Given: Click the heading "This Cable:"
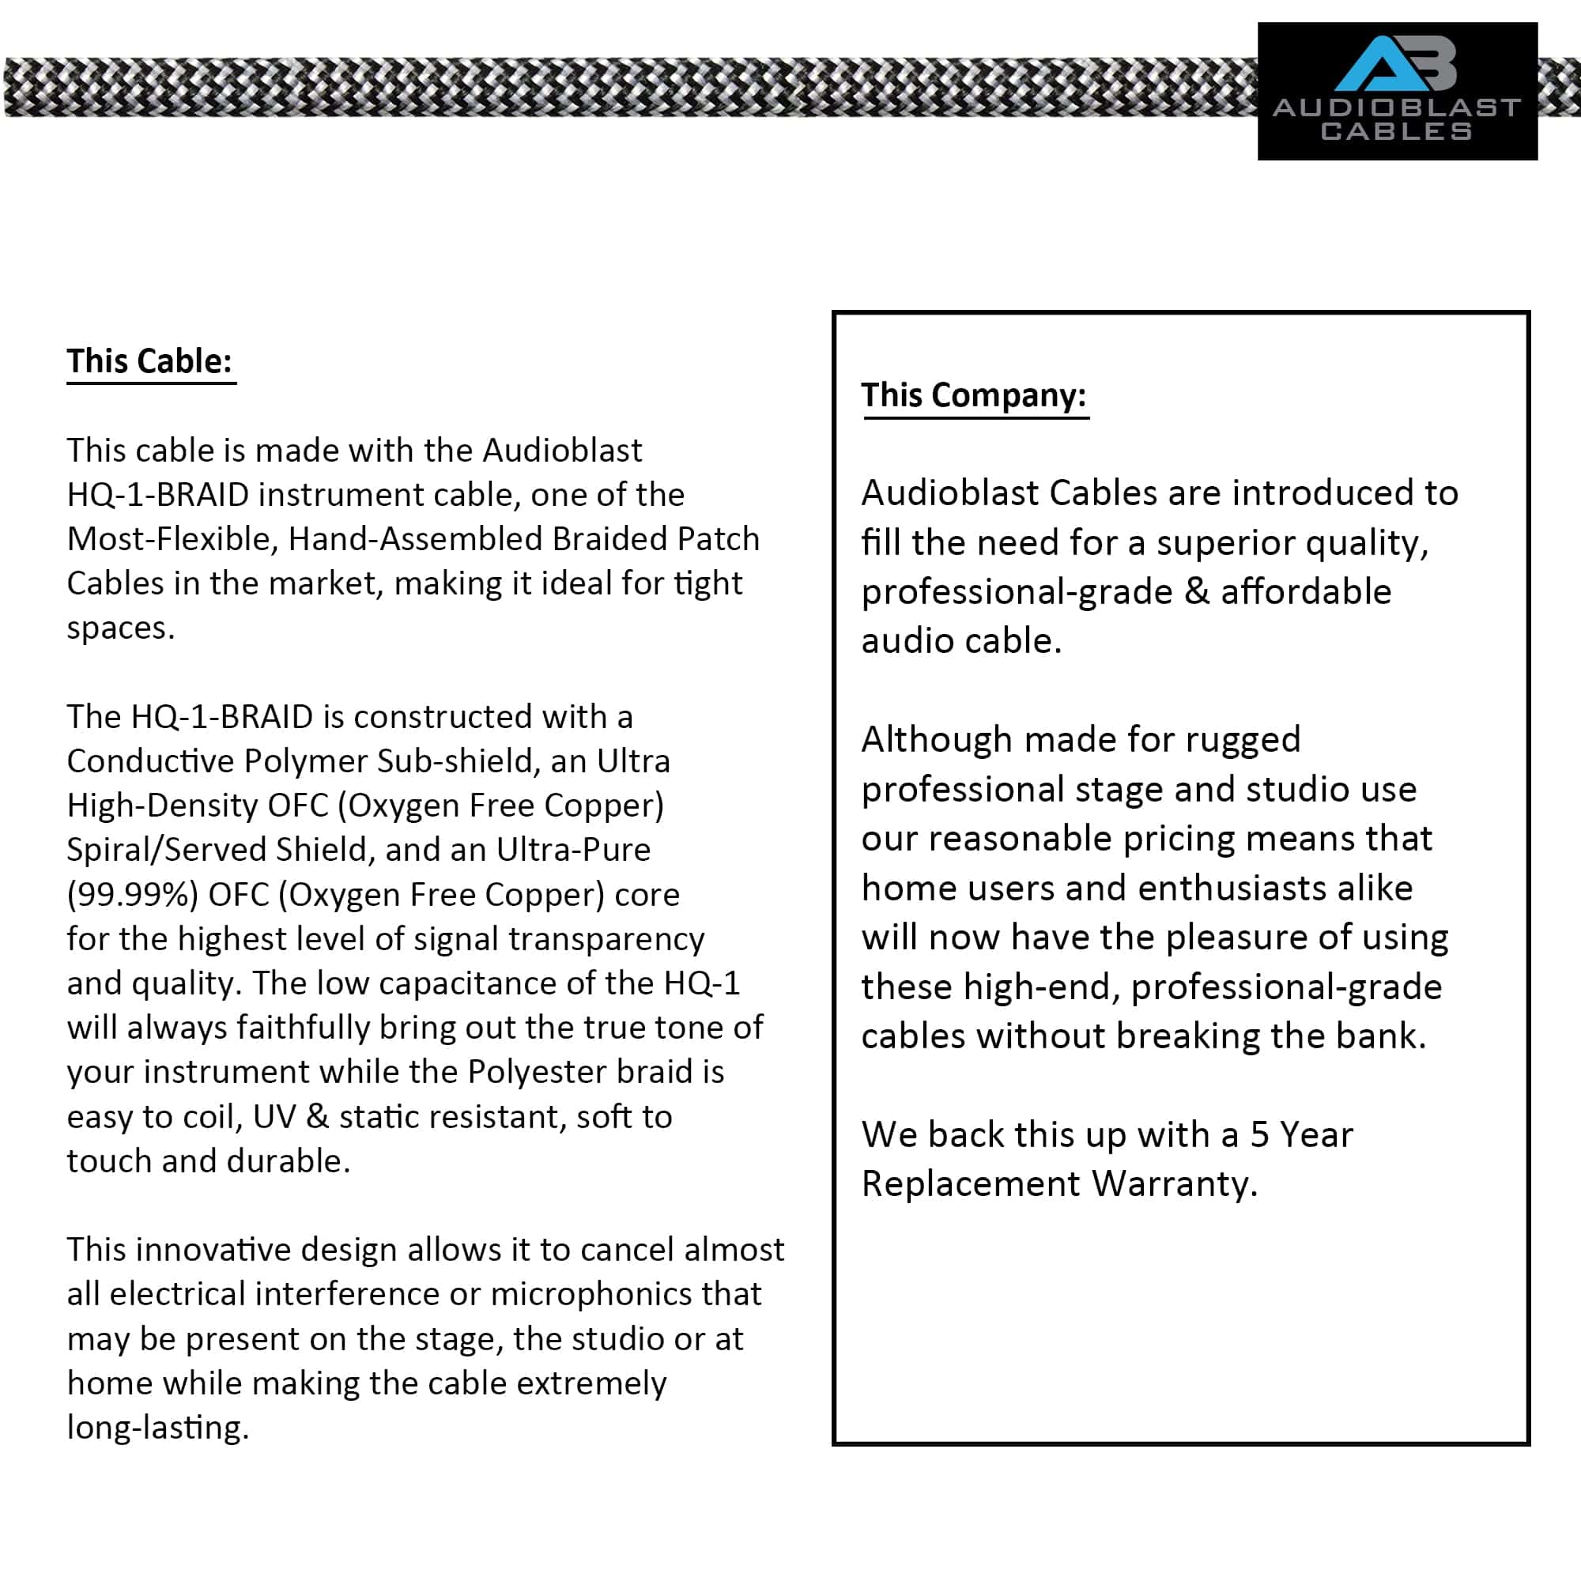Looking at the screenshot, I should (149, 361).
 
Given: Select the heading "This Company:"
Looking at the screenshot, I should (974, 395).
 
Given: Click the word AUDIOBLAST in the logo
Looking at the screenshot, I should (1397, 108).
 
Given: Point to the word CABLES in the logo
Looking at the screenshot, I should (1396, 131).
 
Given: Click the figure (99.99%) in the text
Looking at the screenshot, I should (133, 894).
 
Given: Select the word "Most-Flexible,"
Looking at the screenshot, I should (172, 539).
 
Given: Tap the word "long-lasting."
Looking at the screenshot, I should (158, 1427).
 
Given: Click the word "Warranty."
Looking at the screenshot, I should (1175, 1184).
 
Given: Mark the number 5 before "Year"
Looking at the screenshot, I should (1258, 1135).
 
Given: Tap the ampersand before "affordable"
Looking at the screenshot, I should (1196, 591).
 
